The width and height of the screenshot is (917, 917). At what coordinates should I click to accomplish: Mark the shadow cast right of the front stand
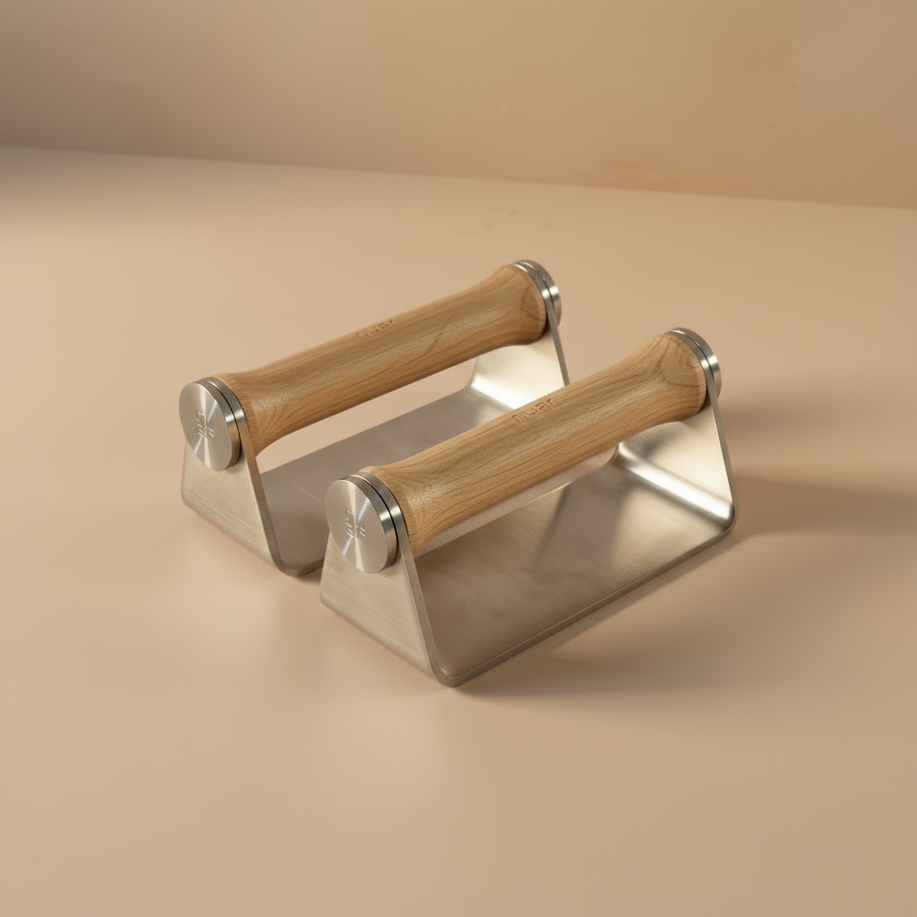pos(788,501)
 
